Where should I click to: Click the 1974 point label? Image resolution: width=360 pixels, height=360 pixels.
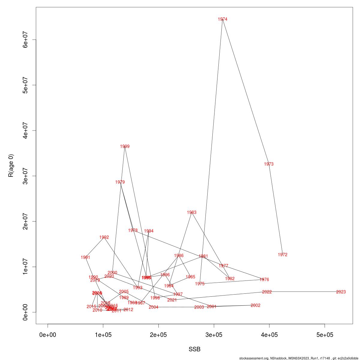pyautogui.click(x=223, y=19)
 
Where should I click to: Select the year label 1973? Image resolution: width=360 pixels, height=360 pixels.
pyautogui.click(x=269, y=164)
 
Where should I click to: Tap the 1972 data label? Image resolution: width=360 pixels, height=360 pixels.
pyautogui.click(x=283, y=255)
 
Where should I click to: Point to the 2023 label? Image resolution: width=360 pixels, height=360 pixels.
pyautogui.click(x=341, y=292)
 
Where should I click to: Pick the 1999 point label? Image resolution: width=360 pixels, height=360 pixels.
pyautogui.click(x=125, y=146)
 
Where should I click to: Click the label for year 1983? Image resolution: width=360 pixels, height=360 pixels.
pyautogui.click(x=192, y=212)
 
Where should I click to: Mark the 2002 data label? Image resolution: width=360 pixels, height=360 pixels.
pyautogui.click(x=256, y=305)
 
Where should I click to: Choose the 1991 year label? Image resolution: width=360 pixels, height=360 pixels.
pyautogui.click(x=85, y=257)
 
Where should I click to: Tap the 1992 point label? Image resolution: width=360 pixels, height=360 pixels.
pyautogui.click(x=104, y=237)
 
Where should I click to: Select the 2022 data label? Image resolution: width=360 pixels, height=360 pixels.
pyautogui.click(x=267, y=292)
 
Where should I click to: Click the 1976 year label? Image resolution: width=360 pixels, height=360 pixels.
pyautogui.click(x=264, y=280)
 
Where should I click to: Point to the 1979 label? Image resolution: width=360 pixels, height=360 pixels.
pyautogui.click(x=120, y=182)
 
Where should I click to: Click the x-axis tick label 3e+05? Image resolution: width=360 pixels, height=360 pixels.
pyautogui.click(x=214, y=335)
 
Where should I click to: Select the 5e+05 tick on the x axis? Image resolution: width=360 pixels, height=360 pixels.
pyautogui.click(x=325, y=335)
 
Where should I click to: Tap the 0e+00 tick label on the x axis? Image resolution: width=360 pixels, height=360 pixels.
pyautogui.click(x=48, y=335)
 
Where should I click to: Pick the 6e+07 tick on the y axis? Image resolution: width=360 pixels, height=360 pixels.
pyautogui.click(x=26, y=40)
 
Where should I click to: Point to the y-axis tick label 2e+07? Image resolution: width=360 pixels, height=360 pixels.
pyautogui.click(x=26, y=221)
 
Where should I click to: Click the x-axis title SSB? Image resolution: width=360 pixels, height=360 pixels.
pyautogui.click(x=194, y=349)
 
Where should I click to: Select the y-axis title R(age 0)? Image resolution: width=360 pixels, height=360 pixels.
pyautogui.click(x=11, y=166)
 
